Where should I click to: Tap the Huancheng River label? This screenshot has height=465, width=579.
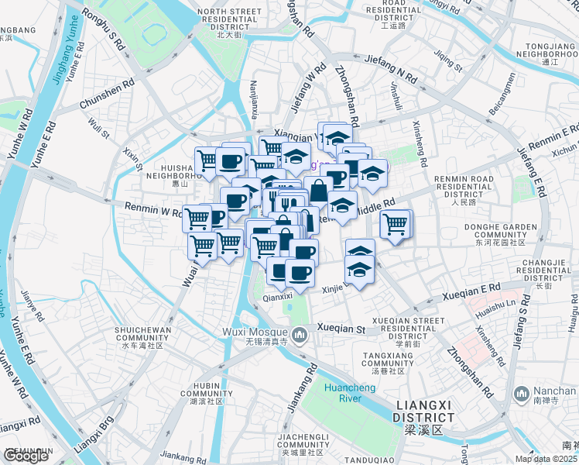pyautogui.click(x=344, y=394)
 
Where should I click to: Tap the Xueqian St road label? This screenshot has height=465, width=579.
pyautogui.click(x=341, y=329)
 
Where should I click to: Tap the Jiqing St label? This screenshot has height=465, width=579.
pyautogui.click(x=447, y=60)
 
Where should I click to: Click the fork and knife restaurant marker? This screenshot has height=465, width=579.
pyautogui.click(x=286, y=201)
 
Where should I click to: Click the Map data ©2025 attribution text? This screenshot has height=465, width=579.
pyautogui.click(x=546, y=459)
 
